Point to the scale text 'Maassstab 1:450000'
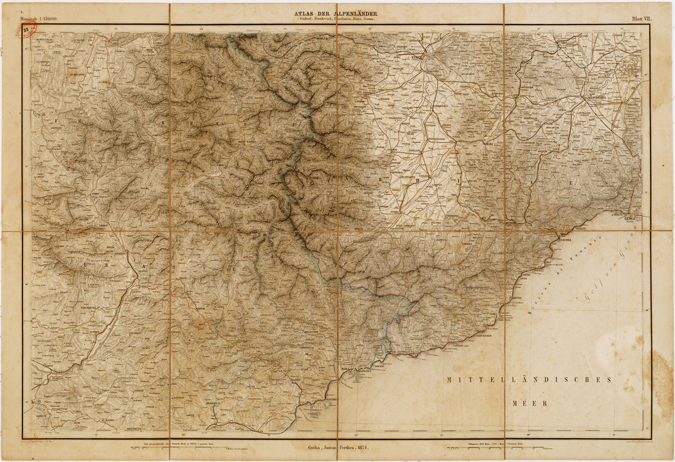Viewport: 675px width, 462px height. point(39,19)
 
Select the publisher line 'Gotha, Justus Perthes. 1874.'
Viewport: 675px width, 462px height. point(337,450)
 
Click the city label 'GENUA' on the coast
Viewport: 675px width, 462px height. point(630,218)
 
